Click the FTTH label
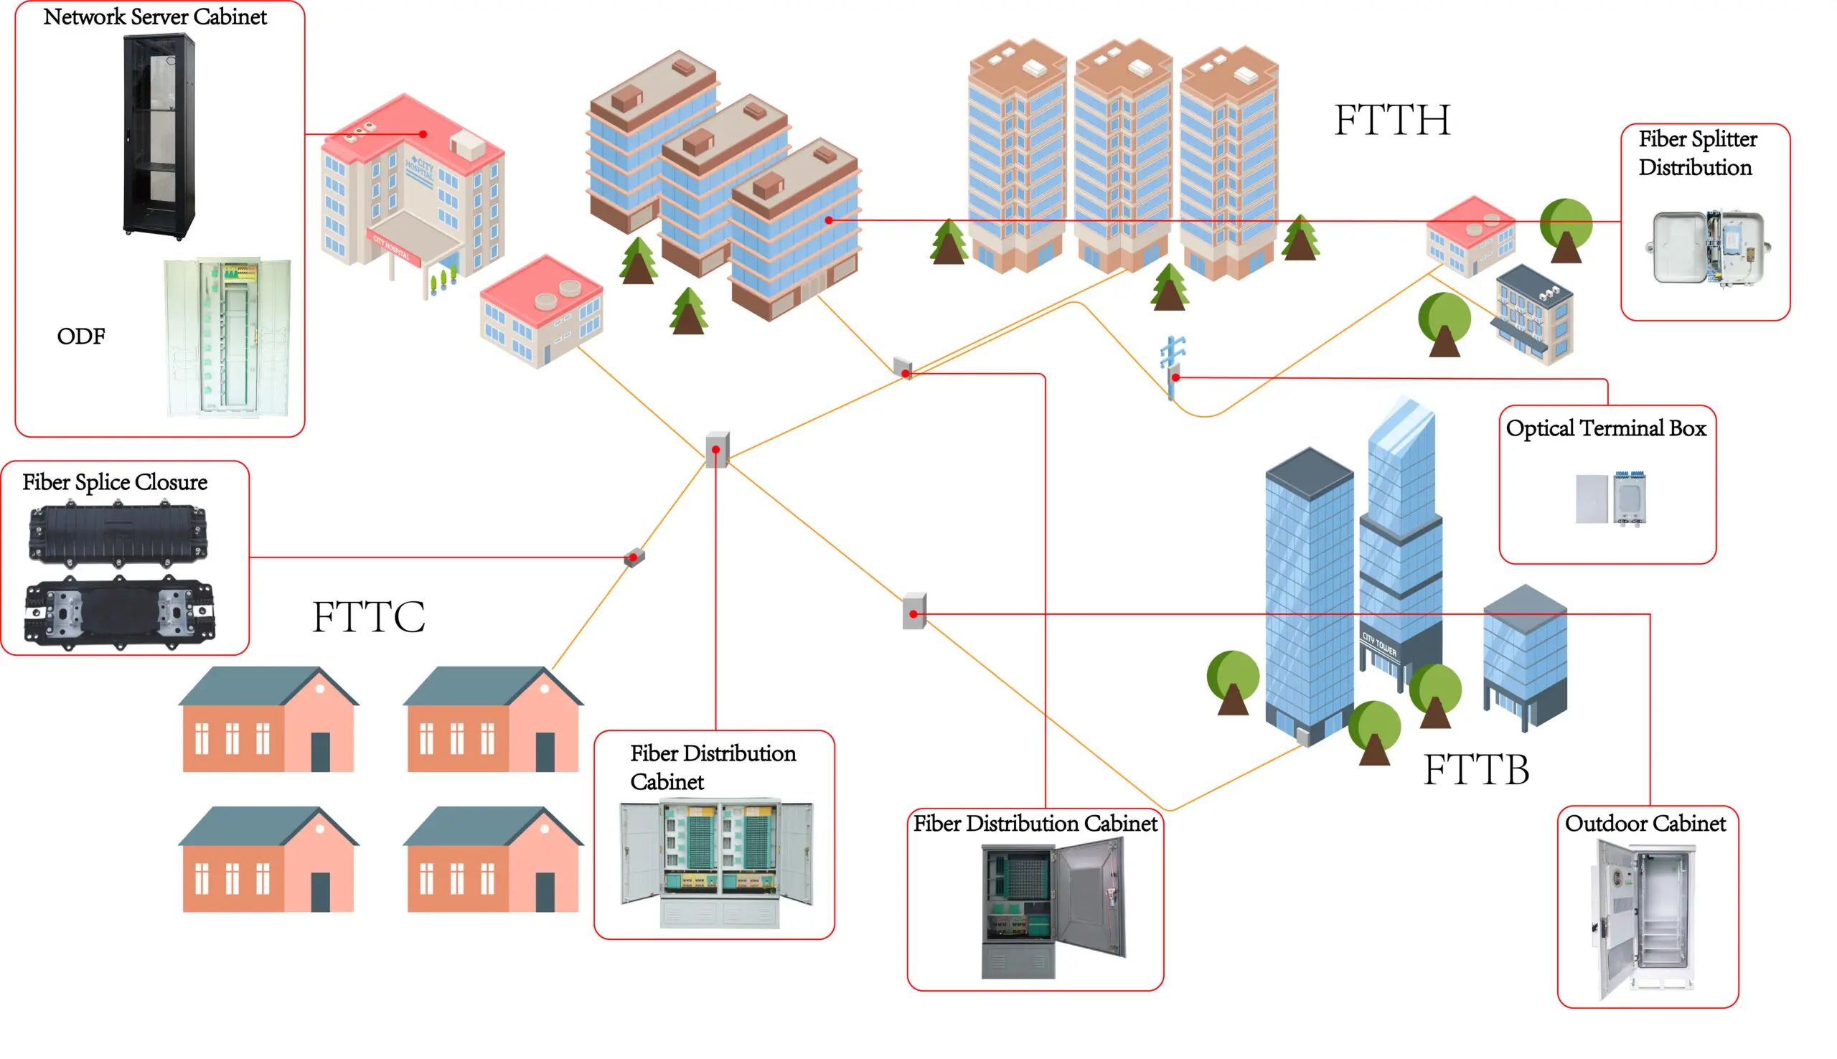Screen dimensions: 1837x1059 coord(1391,120)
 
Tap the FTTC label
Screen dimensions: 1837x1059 coord(368,617)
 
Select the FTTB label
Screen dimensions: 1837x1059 coord(1475,770)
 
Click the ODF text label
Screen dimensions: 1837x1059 coord(80,336)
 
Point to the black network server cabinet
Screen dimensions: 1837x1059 coord(159,137)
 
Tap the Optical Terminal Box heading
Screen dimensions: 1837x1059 coord(1606,428)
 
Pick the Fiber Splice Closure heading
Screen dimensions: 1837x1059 coord(115,482)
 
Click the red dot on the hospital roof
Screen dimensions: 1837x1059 coord(423,134)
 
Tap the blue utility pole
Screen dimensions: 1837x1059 coord(1173,367)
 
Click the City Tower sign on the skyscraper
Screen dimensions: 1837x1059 coord(1379,644)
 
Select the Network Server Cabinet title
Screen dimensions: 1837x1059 coord(155,17)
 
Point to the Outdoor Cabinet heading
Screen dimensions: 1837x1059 coord(1645,824)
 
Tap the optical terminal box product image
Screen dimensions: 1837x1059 coord(1611,497)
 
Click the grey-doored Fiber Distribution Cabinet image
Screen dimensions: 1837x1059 coord(1053,908)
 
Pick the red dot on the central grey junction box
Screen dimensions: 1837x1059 coord(715,449)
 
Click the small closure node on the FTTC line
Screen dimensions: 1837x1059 coord(634,557)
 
